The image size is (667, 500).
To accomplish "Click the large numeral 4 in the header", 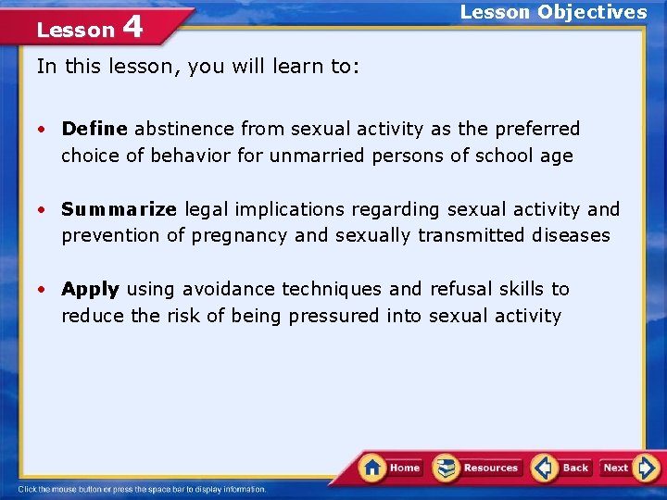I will (x=132, y=27).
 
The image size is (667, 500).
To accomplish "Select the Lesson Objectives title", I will (x=553, y=12).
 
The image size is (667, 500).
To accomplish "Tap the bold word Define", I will (x=95, y=129).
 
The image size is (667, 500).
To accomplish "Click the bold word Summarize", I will (x=119, y=209).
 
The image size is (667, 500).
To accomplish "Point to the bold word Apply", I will (x=90, y=289).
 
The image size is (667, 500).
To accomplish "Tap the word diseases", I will (x=572, y=235).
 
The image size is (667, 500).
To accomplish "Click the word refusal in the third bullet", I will (x=459, y=289).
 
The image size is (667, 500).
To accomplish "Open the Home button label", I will (x=405, y=468).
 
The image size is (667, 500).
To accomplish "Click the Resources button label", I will (x=491, y=468).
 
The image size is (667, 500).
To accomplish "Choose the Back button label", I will (x=575, y=468).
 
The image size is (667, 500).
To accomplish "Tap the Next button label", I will (x=616, y=468).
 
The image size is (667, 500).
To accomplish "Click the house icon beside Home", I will (x=372, y=467).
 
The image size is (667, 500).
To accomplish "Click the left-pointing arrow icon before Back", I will (x=545, y=467).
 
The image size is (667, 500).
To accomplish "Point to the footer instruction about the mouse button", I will (x=143, y=489).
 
